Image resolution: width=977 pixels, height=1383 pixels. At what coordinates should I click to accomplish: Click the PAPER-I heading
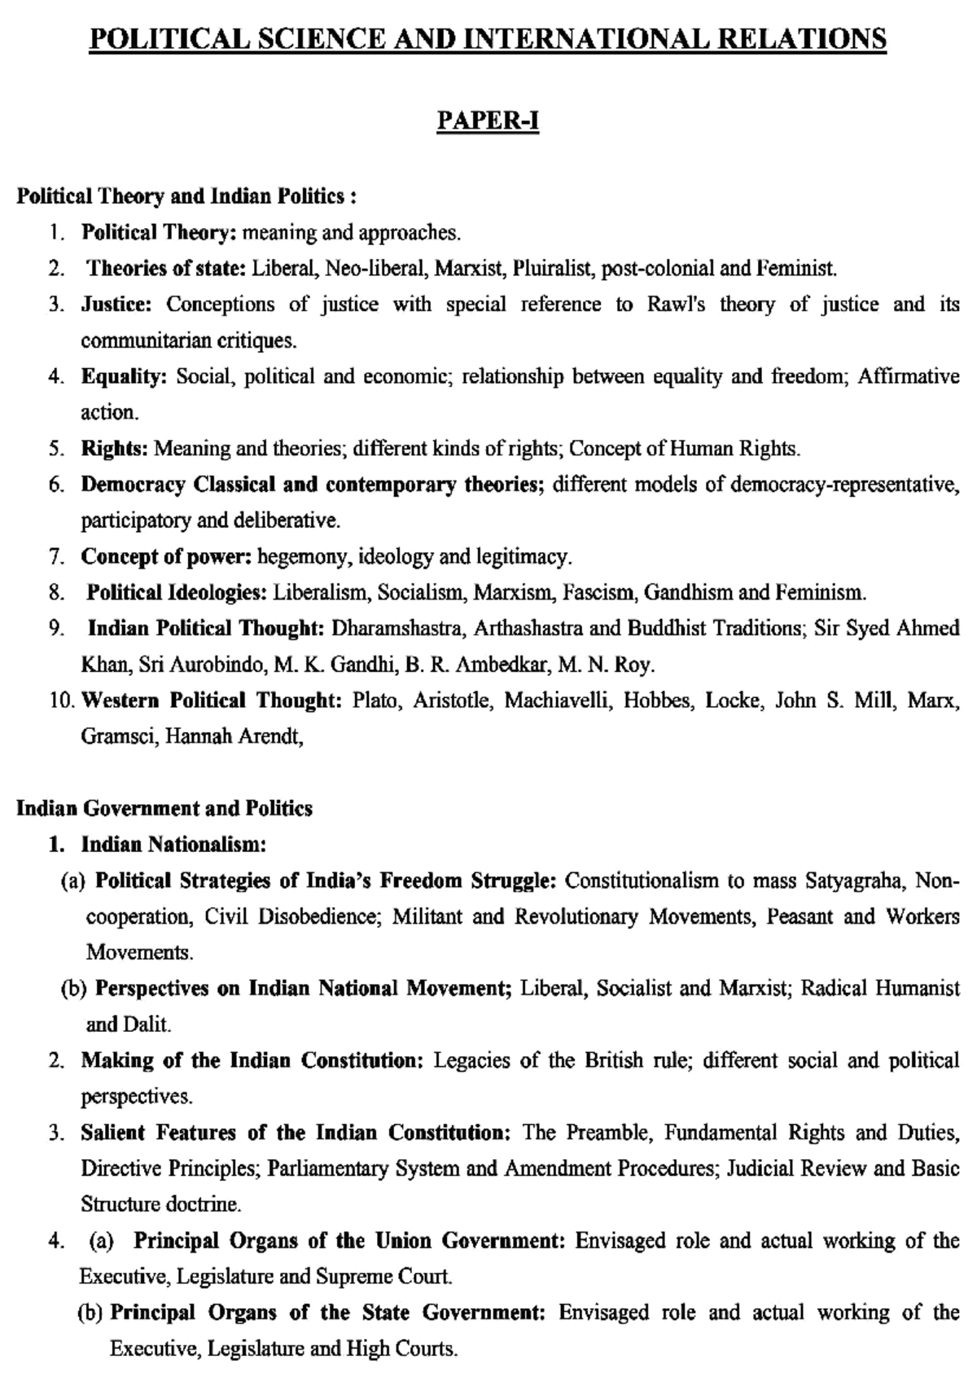488,121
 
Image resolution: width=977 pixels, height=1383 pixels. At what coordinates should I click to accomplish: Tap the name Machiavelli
558,700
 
